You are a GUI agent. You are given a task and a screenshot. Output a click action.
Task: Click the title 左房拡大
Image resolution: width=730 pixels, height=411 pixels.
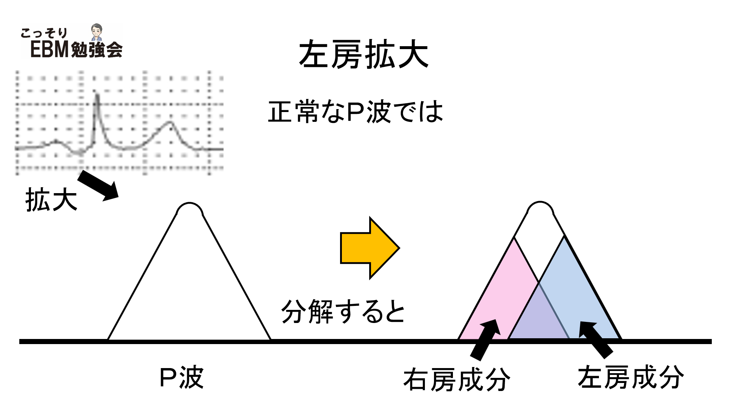pos(363,55)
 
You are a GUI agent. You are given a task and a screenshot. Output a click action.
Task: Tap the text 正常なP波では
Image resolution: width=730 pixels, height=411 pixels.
pos(355,112)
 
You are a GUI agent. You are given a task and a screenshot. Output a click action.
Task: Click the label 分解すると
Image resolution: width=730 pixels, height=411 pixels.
pos(343,312)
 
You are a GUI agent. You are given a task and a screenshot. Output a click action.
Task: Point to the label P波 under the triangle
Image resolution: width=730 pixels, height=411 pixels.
pos(181,378)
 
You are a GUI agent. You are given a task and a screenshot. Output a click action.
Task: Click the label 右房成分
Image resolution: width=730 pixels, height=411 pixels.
pos(457,379)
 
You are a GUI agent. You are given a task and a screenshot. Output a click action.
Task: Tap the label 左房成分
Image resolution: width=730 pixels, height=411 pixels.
pos(631,377)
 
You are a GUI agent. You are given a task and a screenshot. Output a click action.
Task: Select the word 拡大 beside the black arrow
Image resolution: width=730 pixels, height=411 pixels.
pos(51,200)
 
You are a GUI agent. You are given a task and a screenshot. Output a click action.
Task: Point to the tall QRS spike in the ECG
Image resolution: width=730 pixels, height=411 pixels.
pos(97,109)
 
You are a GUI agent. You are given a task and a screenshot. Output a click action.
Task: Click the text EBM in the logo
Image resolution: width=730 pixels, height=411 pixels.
pos(50,49)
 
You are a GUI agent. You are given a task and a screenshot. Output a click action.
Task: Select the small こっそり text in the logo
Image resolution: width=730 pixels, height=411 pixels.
pos(44,33)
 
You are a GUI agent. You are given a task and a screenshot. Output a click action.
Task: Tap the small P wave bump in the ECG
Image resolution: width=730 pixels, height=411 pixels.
pos(56,141)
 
